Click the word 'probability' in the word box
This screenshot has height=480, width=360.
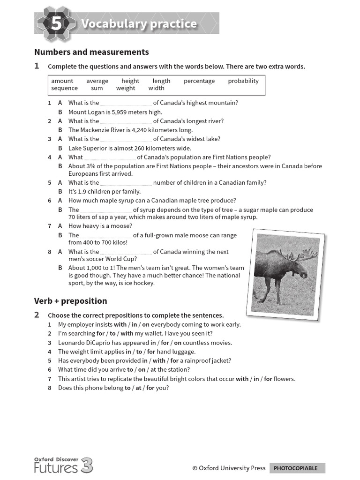point(243,81)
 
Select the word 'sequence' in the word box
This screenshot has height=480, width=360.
point(65,88)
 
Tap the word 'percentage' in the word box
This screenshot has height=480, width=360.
point(199,81)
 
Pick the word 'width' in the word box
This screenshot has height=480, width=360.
point(156,88)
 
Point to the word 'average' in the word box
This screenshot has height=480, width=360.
point(97,81)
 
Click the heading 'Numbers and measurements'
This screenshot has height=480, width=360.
point(91,52)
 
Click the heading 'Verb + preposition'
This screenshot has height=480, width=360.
point(70,301)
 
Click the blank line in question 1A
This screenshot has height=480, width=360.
point(126,104)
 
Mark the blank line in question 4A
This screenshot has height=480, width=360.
point(110,158)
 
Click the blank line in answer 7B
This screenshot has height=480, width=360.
point(106,236)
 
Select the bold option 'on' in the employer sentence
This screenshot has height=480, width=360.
point(146,324)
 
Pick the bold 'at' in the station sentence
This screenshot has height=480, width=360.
point(153,370)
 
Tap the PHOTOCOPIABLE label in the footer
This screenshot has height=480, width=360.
point(295,468)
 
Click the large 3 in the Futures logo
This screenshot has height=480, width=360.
point(87,466)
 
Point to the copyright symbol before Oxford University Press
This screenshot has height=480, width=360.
point(195,468)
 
